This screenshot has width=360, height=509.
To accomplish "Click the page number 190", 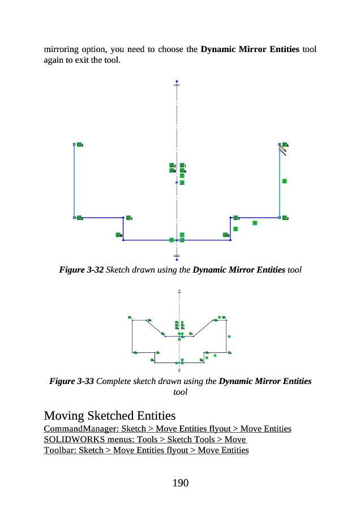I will pyautogui.click(x=180, y=482).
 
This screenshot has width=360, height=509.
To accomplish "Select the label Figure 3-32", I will pyautogui.click(x=82, y=270).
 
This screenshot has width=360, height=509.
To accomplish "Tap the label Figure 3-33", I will pyautogui.click(x=71, y=381).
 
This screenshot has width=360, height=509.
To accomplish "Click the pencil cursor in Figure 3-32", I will pyautogui.click(x=282, y=150).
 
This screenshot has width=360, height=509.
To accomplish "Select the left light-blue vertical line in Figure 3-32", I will pyautogui.click(x=74, y=181).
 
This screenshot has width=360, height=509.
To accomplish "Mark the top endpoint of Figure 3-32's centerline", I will pyautogui.click(x=177, y=81).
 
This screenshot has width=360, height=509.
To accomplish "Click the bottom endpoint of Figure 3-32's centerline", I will pyautogui.click(x=177, y=260).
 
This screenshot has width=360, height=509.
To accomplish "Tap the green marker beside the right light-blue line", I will pyautogui.click(x=284, y=181).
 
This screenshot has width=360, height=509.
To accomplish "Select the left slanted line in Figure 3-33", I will pyautogui.click(x=155, y=327).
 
